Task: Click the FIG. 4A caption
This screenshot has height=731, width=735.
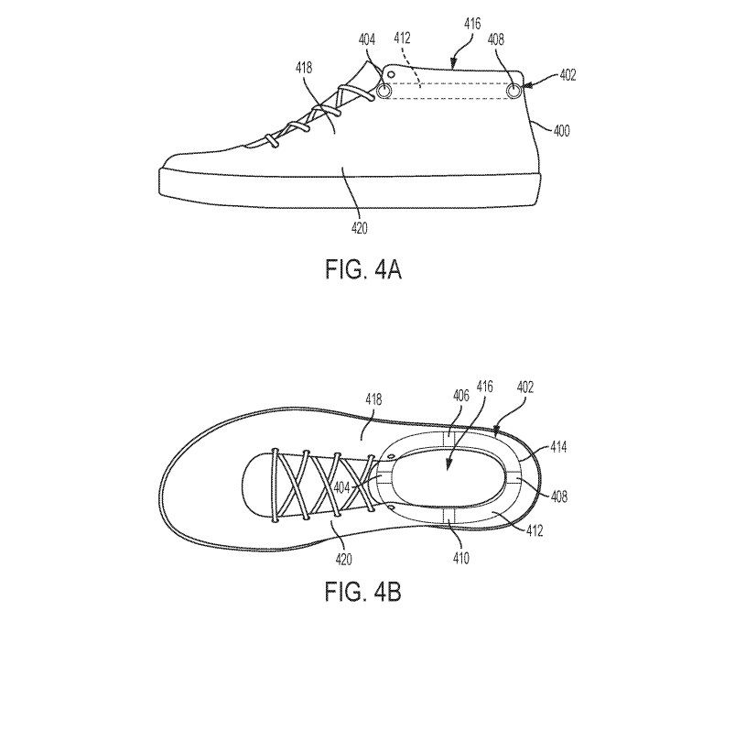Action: [x=363, y=270]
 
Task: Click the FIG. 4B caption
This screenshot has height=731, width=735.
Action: [x=363, y=591]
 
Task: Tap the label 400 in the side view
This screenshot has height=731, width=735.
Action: [x=562, y=130]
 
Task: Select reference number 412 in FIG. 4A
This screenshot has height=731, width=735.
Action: [x=402, y=38]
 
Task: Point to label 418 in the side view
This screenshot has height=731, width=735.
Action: [x=304, y=68]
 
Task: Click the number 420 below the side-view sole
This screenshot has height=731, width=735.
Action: [x=360, y=228]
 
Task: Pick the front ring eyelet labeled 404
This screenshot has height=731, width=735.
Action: [x=384, y=91]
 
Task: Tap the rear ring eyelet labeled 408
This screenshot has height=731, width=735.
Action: [x=513, y=91]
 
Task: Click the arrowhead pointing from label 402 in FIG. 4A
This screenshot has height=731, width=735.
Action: [x=527, y=86]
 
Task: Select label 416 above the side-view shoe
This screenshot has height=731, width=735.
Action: [x=472, y=24]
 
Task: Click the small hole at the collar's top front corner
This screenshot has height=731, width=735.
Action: [x=389, y=73]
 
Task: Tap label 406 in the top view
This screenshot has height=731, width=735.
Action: [x=460, y=396]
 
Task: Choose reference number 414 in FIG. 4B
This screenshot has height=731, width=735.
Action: [x=558, y=447]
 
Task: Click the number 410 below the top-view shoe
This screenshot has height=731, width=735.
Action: [x=460, y=559]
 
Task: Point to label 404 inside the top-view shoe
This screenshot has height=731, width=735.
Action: [x=341, y=488]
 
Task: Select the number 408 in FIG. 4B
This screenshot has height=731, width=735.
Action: [x=559, y=496]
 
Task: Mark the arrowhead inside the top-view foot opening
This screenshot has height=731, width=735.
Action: [x=448, y=465]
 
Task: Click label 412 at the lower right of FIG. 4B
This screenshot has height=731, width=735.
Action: [x=535, y=530]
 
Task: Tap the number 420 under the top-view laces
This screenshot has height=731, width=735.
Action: [x=343, y=560]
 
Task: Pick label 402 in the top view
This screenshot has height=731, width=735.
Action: [x=525, y=387]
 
